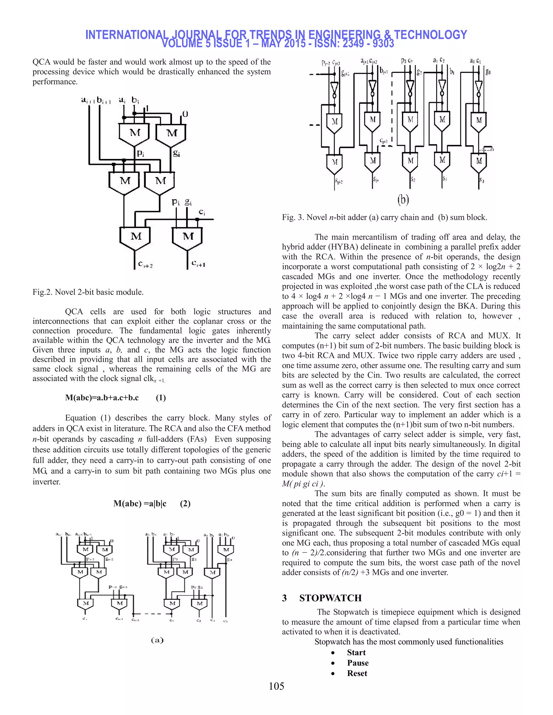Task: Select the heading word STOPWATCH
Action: (x=330, y=598)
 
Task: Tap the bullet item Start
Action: (x=356, y=652)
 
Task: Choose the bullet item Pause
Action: (x=358, y=663)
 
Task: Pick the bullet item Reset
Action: (x=357, y=673)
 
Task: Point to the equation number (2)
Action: (x=185, y=503)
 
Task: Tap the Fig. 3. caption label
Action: (x=293, y=217)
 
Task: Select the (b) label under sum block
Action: (x=403, y=199)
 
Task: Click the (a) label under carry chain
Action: (x=157, y=640)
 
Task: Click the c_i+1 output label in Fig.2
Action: (x=198, y=263)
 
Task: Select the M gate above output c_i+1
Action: (x=188, y=236)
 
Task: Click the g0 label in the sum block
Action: (x=488, y=72)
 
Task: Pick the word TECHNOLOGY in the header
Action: (x=430, y=35)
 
